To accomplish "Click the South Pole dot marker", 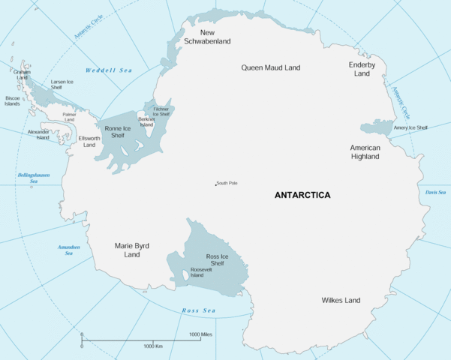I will tap(216, 184).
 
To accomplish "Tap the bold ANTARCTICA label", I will tap(302, 195).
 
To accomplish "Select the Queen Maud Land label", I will tap(270, 67).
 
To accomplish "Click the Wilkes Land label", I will tap(341, 300).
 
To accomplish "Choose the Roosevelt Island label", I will tap(202, 272).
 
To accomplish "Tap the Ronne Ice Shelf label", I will tap(118, 132).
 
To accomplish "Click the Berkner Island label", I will tap(146, 121).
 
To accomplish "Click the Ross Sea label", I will tap(198, 310).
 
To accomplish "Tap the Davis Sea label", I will tap(436, 193).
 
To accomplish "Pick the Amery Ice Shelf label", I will tap(410, 127).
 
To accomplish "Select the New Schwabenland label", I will tap(207, 37).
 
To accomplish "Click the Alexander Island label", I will tap(38, 135).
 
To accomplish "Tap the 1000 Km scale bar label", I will tap(154, 346).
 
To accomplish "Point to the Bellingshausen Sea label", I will tap(33, 178).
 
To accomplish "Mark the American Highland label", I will tap(365, 152).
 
